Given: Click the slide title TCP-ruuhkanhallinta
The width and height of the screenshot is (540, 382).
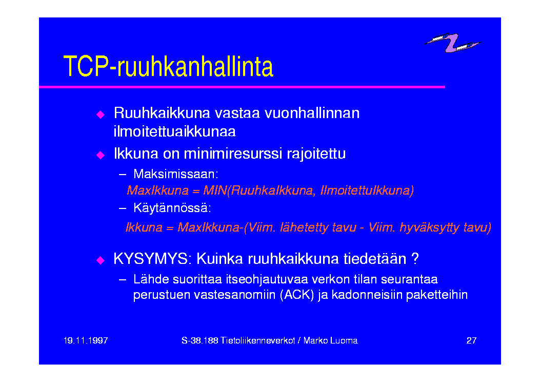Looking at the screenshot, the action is tap(168, 66).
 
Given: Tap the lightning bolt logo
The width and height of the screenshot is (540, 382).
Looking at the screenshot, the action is tap(452, 43).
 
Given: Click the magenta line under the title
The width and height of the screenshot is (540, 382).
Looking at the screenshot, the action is tap(242, 87).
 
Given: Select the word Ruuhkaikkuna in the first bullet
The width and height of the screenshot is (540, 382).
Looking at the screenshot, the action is tap(162, 113).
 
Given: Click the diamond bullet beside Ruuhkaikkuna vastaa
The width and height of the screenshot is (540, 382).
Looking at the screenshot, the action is tap(101, 114).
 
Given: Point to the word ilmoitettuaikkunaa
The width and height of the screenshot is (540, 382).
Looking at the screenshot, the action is tap(174, 131).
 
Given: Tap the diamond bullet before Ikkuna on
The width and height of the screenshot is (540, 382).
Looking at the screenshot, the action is tap(101, 155).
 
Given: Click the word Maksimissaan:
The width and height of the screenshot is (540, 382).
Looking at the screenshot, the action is tap(175, 174).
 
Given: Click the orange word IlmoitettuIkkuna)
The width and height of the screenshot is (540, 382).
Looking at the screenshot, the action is tap(367, 190).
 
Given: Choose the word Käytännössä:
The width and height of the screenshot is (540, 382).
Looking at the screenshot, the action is tap(172, 208).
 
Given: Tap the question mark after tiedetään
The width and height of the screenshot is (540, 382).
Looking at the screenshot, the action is tap(415, 259).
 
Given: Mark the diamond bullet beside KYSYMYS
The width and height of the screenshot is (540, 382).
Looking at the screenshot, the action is tap(101, 260).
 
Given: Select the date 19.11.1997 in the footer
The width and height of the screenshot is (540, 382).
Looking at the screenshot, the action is tap(86, 340).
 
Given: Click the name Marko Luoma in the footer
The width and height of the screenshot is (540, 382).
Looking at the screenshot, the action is tap(330, 340).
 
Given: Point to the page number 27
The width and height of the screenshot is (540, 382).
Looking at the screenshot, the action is tap(471, 340).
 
